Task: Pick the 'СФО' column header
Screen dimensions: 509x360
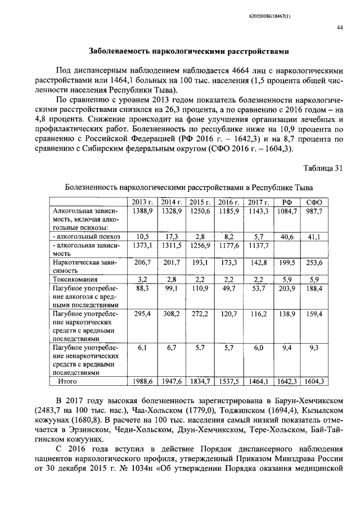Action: coord(314,202)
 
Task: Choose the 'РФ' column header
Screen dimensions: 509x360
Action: coord(286,202)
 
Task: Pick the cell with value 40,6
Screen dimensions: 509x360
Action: coord(287,237)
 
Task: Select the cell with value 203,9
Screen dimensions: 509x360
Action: coord(287,288)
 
